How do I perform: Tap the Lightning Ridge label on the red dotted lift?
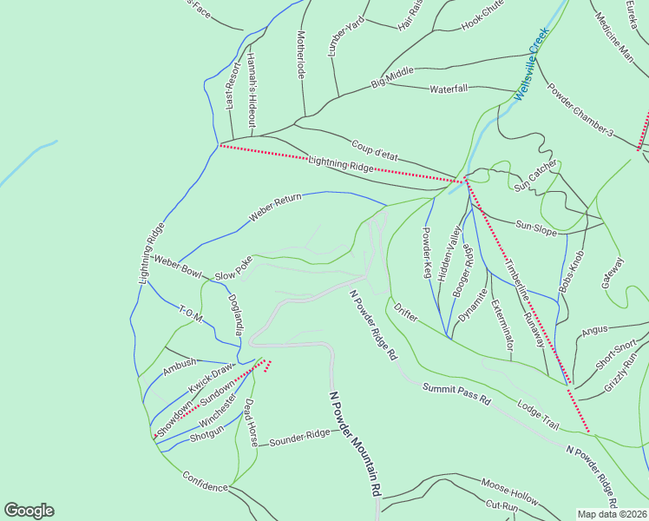click(340, 164)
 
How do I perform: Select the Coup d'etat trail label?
click(374, 149)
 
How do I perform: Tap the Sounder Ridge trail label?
click(299, 436)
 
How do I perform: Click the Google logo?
click(29, 511)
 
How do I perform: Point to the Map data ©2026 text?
click(612, 514)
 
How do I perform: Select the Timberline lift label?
click(517, 280)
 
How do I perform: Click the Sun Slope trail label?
click(536, 226)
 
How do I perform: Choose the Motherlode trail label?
click(301, 56)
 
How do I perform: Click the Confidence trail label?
click(205, 482)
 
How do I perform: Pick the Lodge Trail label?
click(538, 413)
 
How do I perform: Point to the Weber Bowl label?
click(177, 266)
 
